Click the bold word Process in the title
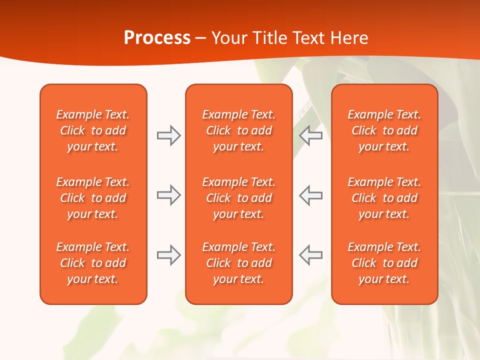point(157,38)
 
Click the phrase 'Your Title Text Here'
point(290,38)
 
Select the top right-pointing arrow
point(168,135)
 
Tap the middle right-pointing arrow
point(168,195)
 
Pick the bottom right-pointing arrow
point(168,255)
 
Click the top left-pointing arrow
point(310,135)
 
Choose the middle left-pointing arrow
point(310,195)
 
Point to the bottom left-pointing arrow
point(310,255)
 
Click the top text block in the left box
point(93,130)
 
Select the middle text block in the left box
point(93,198)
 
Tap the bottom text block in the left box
point(93,263)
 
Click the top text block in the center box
point(239,130)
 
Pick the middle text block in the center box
point(239,198)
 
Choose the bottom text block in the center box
point(239,263)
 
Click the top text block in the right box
point(384,130)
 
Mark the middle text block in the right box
point(384,198)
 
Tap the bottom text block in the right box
point(384,263)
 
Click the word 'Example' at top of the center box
point(221,115)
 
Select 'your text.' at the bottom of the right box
point(384,279)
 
